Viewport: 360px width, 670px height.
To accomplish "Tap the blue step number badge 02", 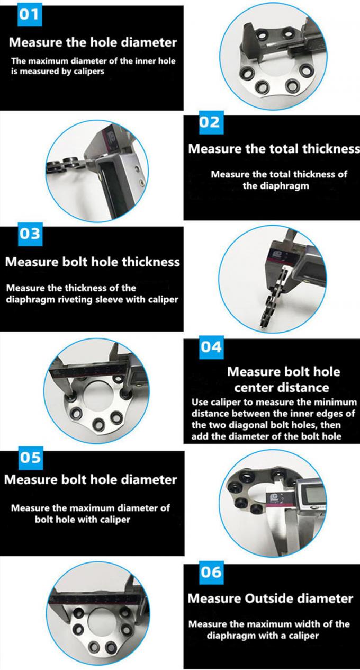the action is pyautogui.click(x=211, y=122).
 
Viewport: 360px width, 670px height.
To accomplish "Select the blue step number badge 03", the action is pyautogui.click(x=30, y=234).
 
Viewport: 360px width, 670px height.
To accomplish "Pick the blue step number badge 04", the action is pyautogui.click(x=211, y=347).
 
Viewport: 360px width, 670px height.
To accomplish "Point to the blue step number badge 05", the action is pyautogui.click(x=31, y=458).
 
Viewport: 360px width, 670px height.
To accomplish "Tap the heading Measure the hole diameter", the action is pyautogui.click(x=93, y=42).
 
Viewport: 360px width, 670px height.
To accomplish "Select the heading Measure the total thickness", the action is pyautogui.click(x=274, y=149).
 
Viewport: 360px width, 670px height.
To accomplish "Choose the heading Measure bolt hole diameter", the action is pyautogui.click(x=91, y=479).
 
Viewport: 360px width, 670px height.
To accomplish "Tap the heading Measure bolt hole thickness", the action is pyautogui.click(x=93, y=262).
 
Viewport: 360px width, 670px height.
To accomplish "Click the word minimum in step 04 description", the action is pyautogui.click(x=331, y=403).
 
